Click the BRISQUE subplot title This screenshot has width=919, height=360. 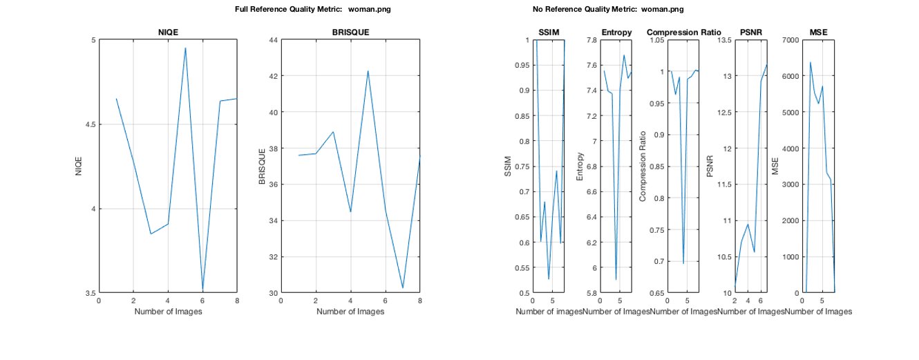pyautogui.click(x=350, y=32)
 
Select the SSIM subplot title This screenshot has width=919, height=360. pyautogui.click(x=549, y=32)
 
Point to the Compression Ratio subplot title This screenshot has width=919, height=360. pyautogui.click(x=683, y=32)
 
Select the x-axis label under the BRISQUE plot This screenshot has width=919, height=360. pyautogui.click(x=350, y=312)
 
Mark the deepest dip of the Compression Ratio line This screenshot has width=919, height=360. pyautogui.click(x=683, y=263)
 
